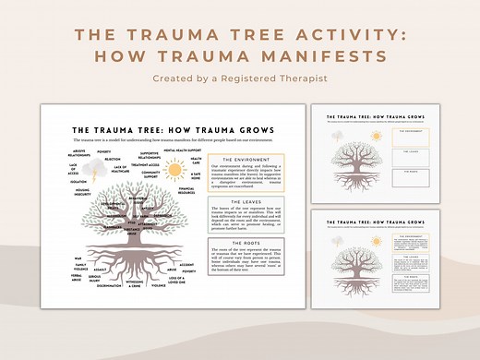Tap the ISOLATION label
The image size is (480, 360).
[78, 182]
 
